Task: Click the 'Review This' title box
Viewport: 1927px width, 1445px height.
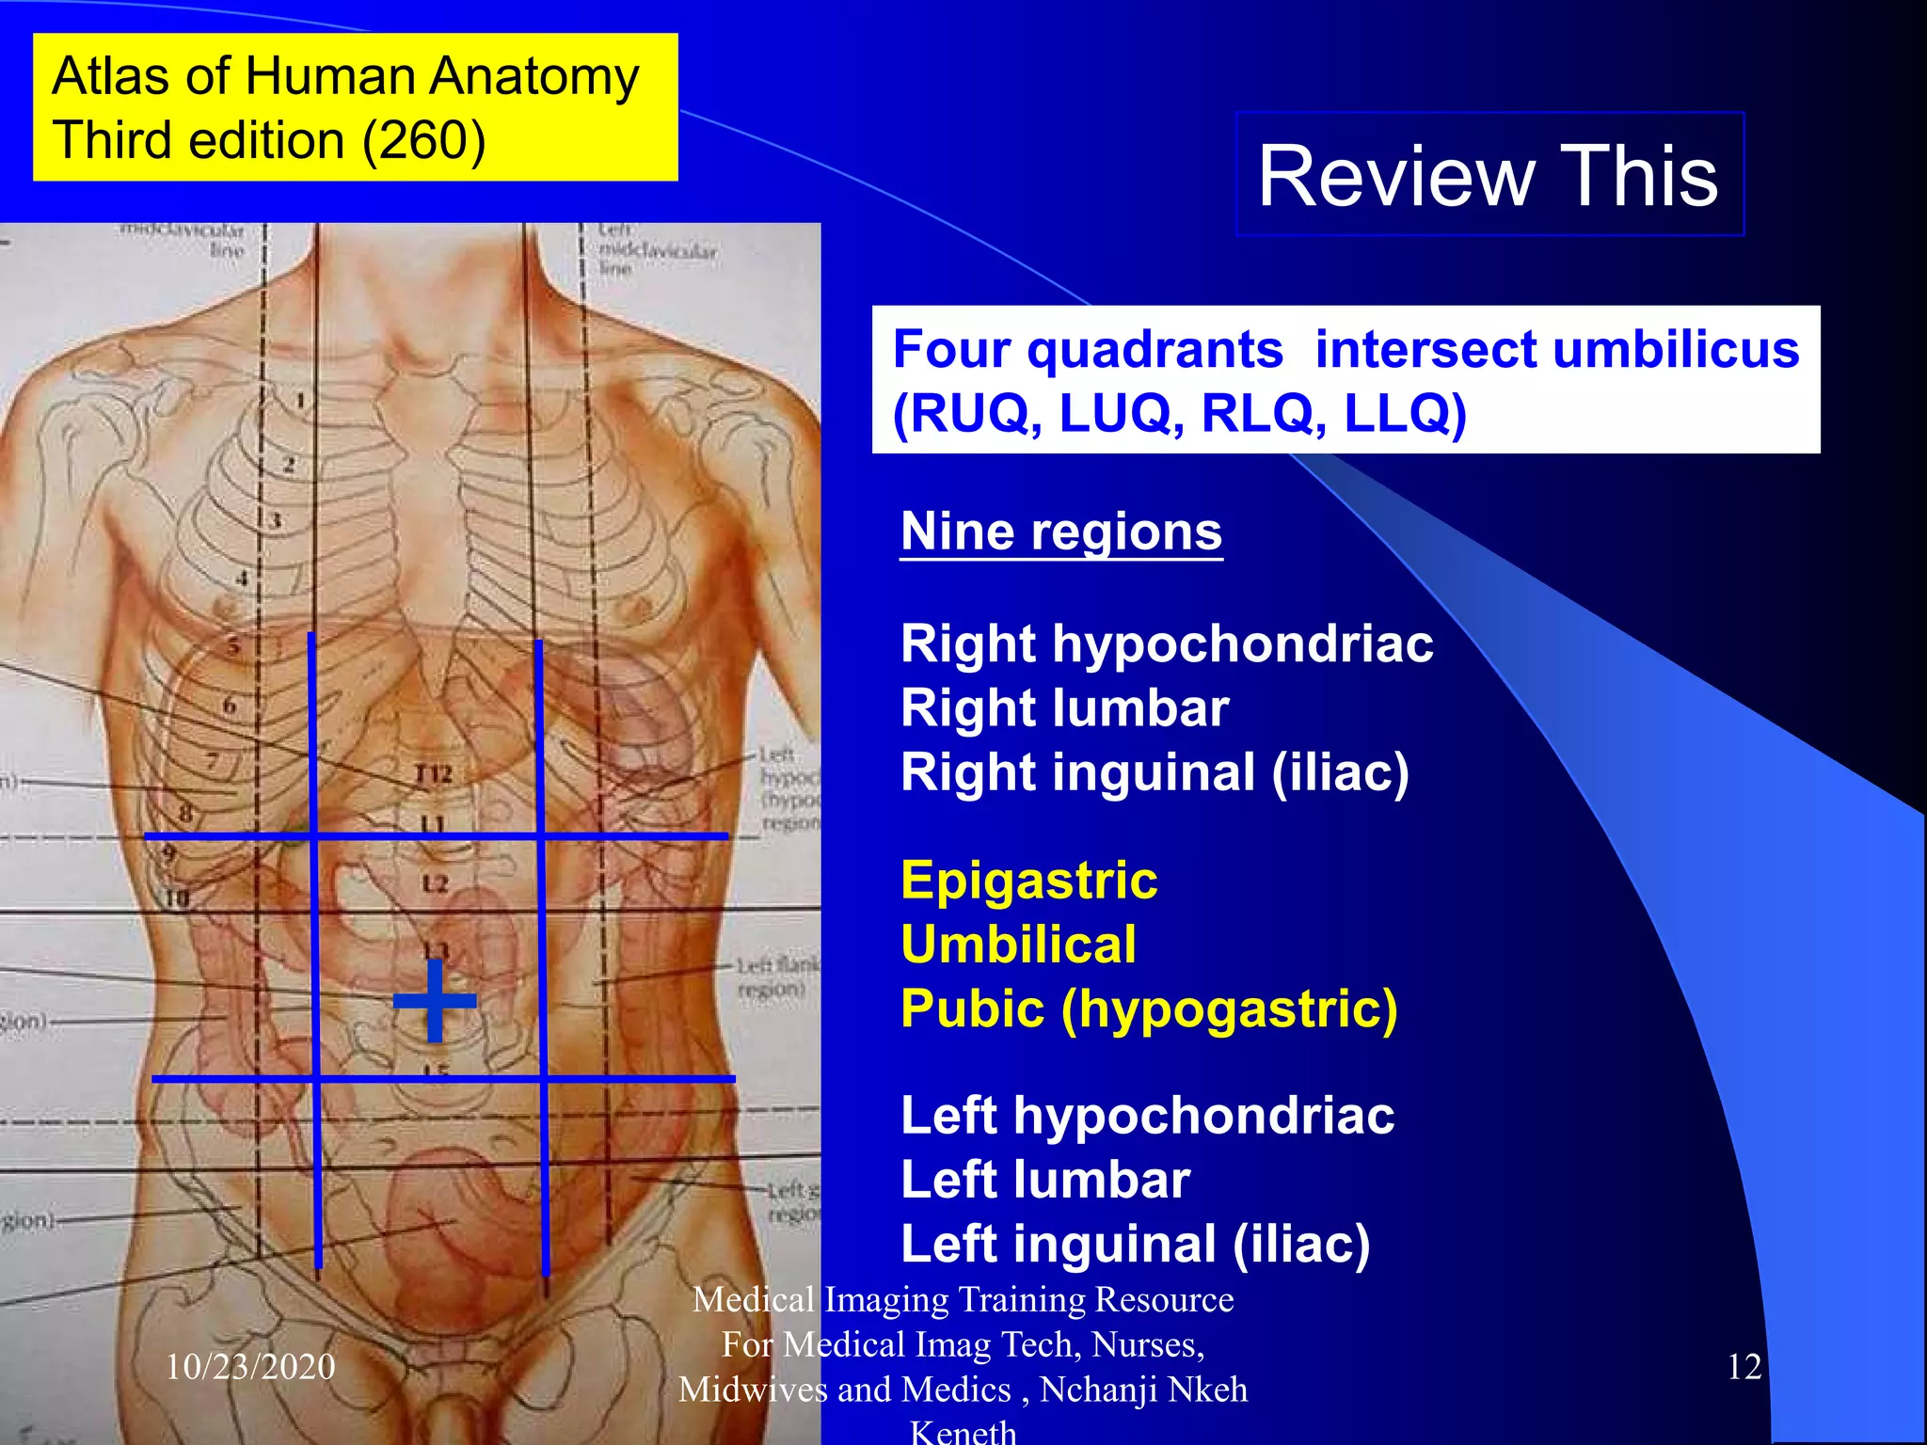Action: pos(1489,176)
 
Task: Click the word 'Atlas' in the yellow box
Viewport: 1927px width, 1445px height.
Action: pos(110,76)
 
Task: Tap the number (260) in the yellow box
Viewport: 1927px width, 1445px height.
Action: pos(424,141)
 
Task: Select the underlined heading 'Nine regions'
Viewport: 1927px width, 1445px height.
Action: pos(1061,532)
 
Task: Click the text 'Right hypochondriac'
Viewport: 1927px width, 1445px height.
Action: pos(1167,644)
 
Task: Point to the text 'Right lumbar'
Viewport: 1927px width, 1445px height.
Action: pos(1064,708)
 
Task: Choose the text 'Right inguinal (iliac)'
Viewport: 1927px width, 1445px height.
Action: pos(1155,772)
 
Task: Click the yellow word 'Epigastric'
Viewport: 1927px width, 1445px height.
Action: pos(1028,881)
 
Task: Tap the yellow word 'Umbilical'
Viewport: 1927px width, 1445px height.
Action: pos(1018,945)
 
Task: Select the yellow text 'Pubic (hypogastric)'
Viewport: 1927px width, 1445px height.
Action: pos(1149,1008)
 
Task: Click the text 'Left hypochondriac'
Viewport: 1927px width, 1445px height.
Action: pos(1147,1116)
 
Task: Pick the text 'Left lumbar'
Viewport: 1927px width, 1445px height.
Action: pos(1045,1180)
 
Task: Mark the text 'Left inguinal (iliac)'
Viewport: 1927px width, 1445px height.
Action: pos(1135,1244)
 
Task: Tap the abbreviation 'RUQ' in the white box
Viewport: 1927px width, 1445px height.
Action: pos(978,413)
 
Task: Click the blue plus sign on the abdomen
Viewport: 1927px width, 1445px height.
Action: pos(434,1000)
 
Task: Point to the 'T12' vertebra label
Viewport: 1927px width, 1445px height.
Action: pos(433,774)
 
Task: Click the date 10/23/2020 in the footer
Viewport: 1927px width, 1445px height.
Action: pos(250,1366)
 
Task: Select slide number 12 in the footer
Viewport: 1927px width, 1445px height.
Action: pos(1744,1366)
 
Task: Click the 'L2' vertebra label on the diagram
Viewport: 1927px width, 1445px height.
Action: pos(434,883)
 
